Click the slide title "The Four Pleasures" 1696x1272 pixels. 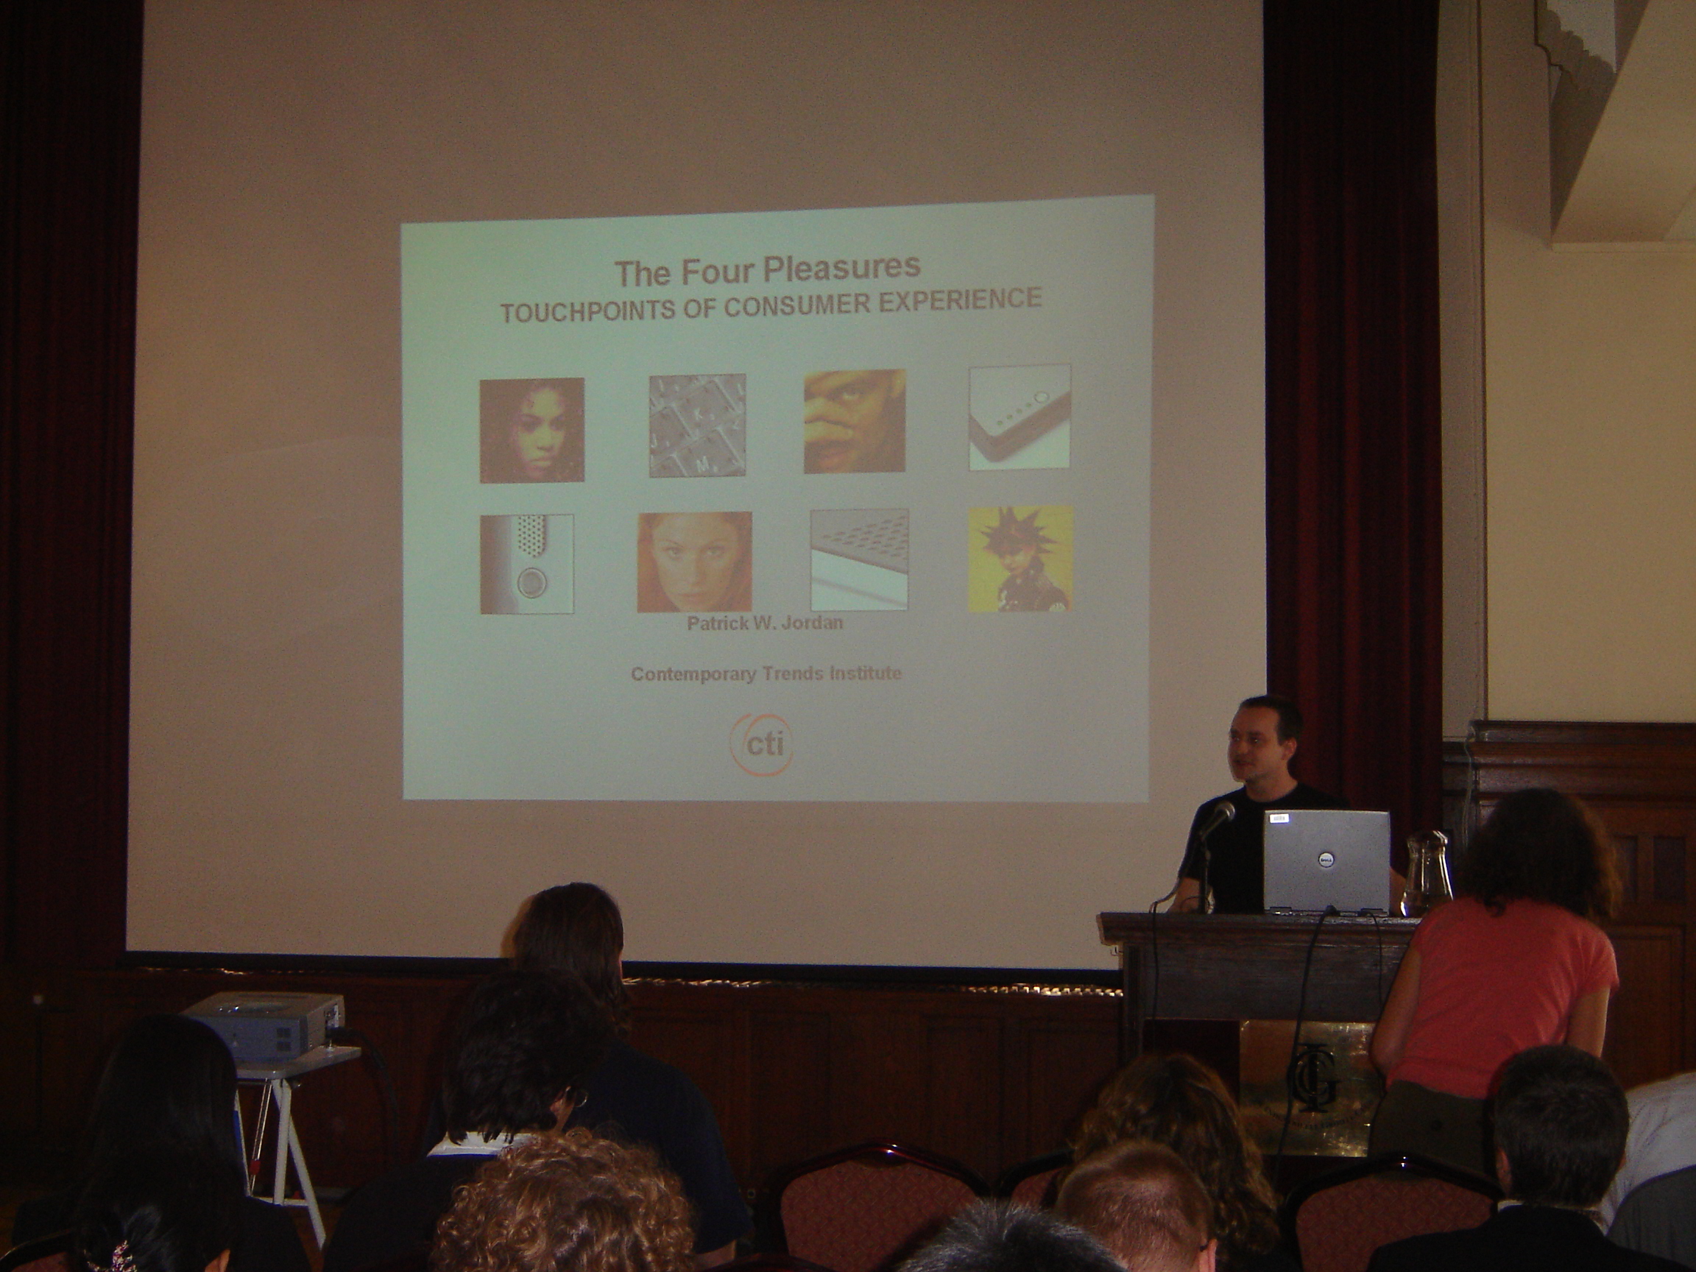[x=768, y=269]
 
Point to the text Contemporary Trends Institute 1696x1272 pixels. [x=766, y=674]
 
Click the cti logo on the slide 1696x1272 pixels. [x=760, y=742]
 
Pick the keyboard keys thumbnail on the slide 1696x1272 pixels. [x=698, y=425]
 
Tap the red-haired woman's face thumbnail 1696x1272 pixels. [x=695, y=562]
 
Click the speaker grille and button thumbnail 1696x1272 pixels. [x=527, y=564]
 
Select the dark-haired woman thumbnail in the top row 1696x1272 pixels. [x=532, y=430]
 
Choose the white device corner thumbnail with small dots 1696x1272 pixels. [x=1020, y=418]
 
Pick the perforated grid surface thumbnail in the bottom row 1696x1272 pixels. [x=860, y=560]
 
